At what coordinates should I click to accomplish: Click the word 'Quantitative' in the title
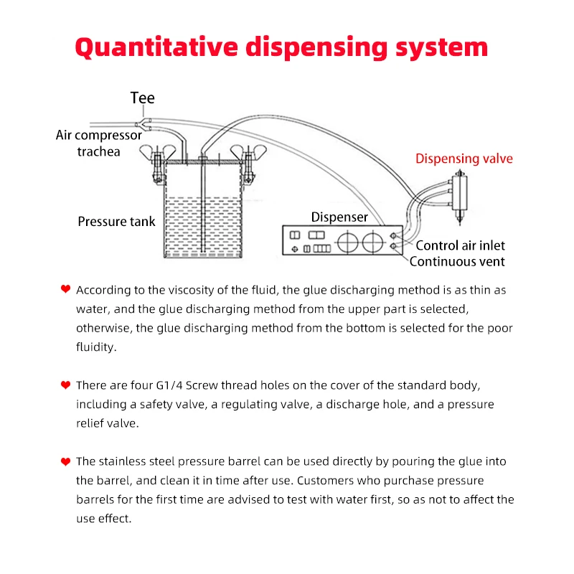pos(157,47)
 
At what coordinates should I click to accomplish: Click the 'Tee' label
pos(142,98)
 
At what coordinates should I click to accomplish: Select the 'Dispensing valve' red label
pos(464,159)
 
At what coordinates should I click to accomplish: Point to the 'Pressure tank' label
pos(116,222)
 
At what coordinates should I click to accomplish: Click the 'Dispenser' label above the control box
pos(339,217)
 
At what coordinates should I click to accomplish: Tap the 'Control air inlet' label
pos(461,245)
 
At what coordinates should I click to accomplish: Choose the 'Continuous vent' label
pos(457,262)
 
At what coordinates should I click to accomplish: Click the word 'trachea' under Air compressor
pos(99,151)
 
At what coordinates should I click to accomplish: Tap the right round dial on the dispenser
pos(373,242)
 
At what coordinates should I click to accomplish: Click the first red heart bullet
pos(65,289)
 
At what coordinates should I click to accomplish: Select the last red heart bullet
pos(65,461)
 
